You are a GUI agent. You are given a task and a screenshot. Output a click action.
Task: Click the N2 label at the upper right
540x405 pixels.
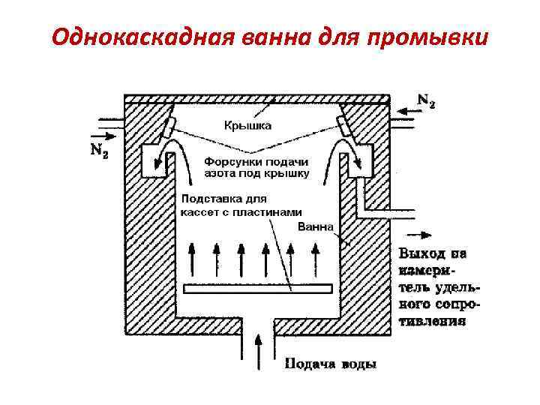425,100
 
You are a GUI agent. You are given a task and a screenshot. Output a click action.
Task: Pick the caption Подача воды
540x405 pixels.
330,365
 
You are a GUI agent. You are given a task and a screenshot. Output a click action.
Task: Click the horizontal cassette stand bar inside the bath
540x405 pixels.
257,288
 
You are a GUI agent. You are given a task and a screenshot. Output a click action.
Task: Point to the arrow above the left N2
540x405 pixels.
105,136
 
